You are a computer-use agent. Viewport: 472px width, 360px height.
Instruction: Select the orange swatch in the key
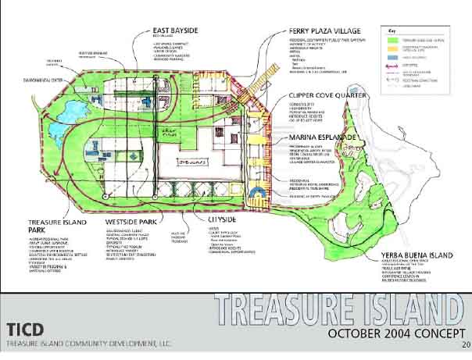tap(395, 47)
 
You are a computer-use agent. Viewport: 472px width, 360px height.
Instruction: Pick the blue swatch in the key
tap(395, 56)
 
